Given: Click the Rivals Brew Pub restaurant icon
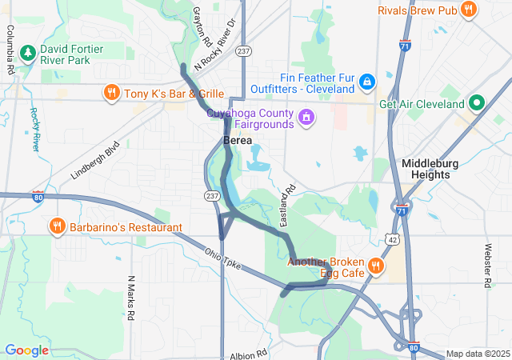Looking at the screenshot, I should pyautogui.click(x=469, y=10).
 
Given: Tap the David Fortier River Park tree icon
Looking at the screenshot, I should pyautogui.click(x=28, y=54).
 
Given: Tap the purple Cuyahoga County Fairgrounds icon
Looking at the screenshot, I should pyautogui.click(x=306, y=119).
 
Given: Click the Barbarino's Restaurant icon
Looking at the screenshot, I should pyautogui.click(x=57, y=226).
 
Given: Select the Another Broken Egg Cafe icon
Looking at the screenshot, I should pyautogui.click(x=374, y=266).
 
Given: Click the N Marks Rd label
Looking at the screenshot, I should pyautogui.click(x=130, y=298).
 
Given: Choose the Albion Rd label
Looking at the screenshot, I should pyautogui.click(x=248, y=354).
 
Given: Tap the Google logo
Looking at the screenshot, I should pyautogui.click(x=27, y=350).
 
